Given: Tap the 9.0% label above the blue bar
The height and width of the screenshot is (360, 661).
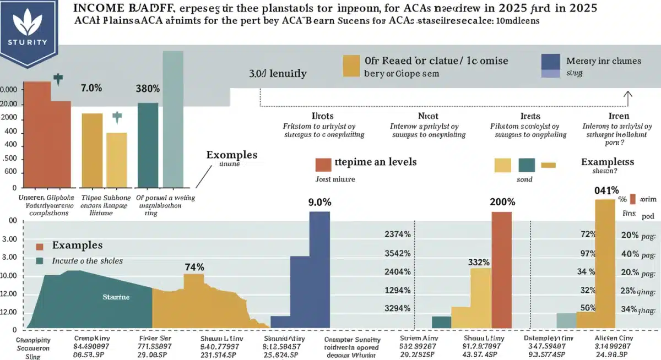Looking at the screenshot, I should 320,202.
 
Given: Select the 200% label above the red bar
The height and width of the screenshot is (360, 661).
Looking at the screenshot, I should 501,202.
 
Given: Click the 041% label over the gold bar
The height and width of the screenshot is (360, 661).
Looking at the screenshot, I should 606,190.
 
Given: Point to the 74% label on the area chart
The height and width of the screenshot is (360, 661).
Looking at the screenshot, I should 194,267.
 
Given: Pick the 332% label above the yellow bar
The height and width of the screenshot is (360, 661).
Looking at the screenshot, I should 480,262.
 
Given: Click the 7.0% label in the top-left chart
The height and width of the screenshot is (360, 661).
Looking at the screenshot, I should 91,88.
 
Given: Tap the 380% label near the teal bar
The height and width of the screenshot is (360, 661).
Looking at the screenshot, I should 148,88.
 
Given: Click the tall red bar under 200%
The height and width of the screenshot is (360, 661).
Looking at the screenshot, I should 501,270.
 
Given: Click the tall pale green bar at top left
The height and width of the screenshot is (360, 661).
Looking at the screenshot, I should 173,118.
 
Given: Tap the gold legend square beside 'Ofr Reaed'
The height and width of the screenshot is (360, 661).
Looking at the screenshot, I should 351,65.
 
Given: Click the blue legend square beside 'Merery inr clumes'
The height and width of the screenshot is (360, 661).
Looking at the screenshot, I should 551,62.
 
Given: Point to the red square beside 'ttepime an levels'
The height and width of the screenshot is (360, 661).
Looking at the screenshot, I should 322,164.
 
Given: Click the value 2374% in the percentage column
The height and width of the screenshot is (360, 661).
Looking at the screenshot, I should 397,234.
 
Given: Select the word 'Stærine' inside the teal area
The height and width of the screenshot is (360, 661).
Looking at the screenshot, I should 116,297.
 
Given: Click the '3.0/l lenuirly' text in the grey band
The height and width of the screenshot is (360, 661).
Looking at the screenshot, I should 278,73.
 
